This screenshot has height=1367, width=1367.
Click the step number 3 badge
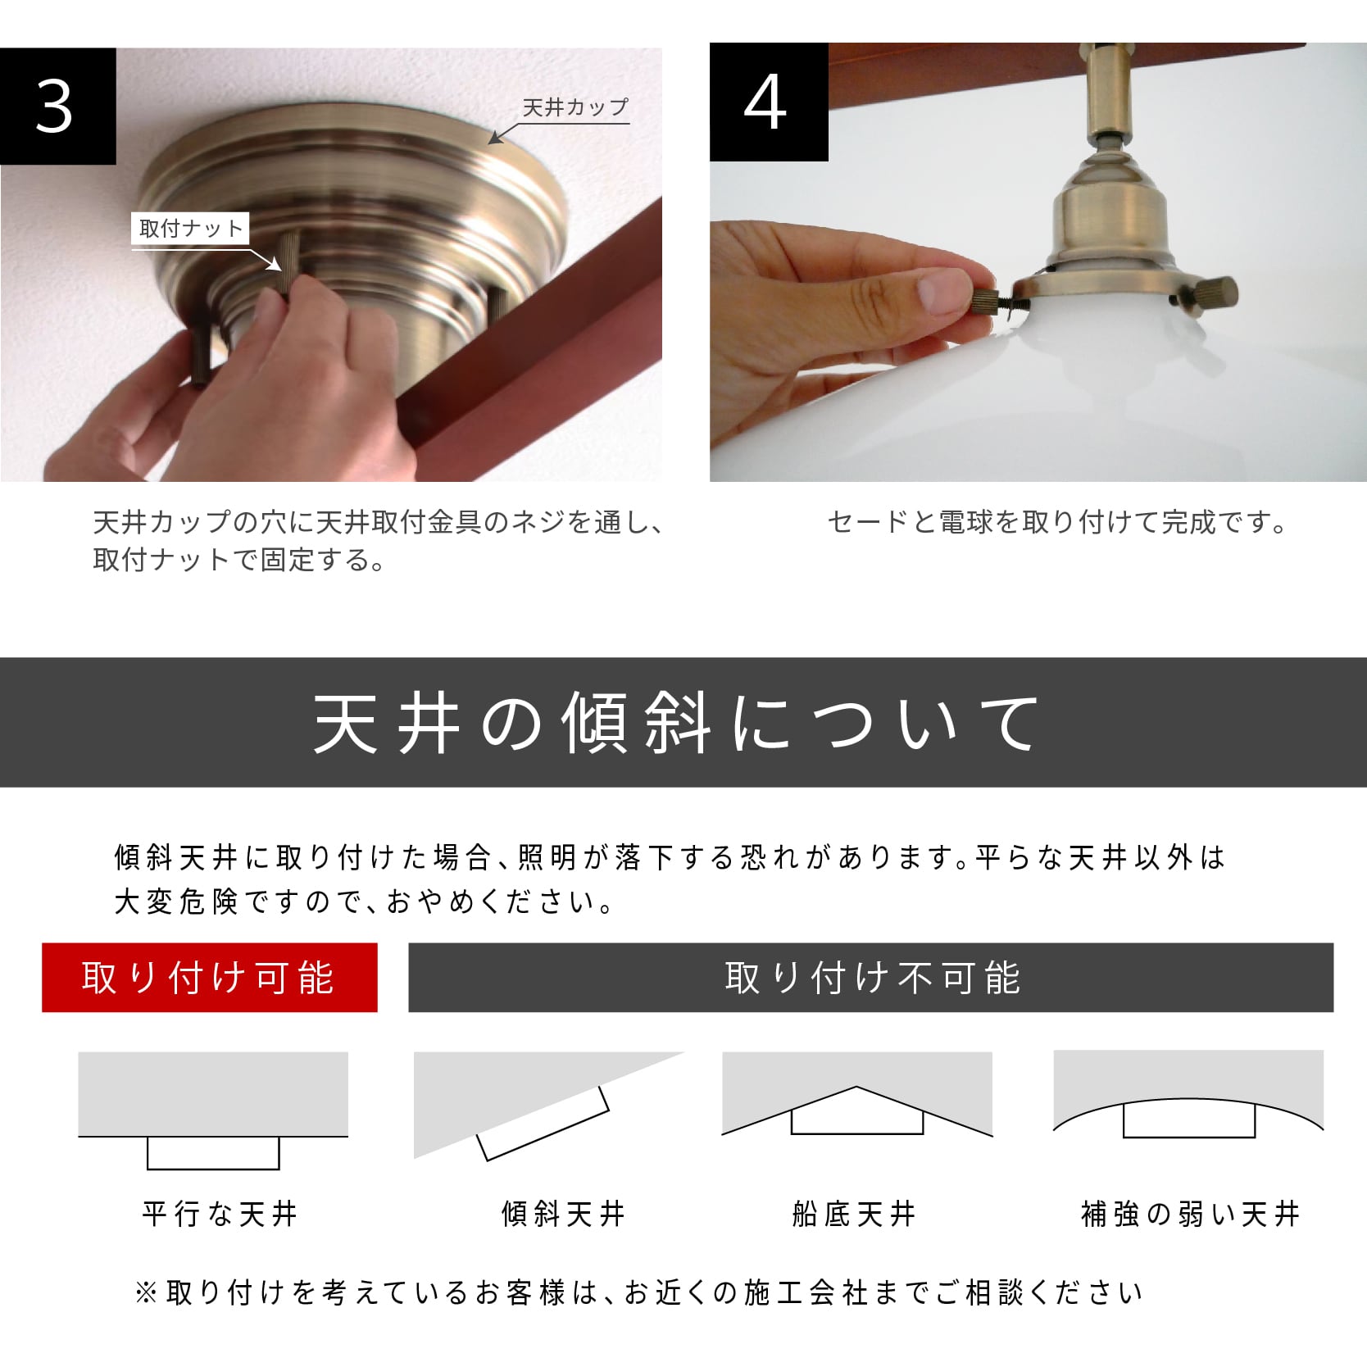pyautogui.click(x=57, y=106)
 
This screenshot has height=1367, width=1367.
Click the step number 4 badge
pyautogui.click(x=769, y=102)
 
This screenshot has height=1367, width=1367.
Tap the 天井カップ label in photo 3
pyautogui.click(x=575, y=107)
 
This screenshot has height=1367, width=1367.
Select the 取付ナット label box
pyautogui.click(x=190, y=229)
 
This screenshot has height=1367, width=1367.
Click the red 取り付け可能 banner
pyautogui.click(x=210, y=978)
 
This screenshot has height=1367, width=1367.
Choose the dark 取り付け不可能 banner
pyautogui.click(x=871, y=978)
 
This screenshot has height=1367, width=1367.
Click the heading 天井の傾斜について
pyautogui.click(x=677, y=723)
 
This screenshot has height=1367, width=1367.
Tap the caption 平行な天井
pyautogui.click(x=220, y=1214)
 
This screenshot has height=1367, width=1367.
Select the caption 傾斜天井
pyautogui.click(x=564, y=1214)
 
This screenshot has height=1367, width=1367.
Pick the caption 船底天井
pyautogui.click(x=854, y=1214)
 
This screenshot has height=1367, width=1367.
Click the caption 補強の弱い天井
pyautogui.click(x=1190, y=1214)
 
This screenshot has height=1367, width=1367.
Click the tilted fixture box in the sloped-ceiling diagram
pyautogui.click(x=543, y=1124)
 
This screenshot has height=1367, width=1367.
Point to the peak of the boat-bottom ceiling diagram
pyautogui.click(x=856, y=1087)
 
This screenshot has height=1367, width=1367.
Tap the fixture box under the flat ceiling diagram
pyautogui.click(x=213, y=1153)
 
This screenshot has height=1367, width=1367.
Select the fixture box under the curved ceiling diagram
pyautogui.click(x=1189, y=1119)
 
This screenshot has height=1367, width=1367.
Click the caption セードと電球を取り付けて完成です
pyautogui.click(x=1057, y=522)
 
